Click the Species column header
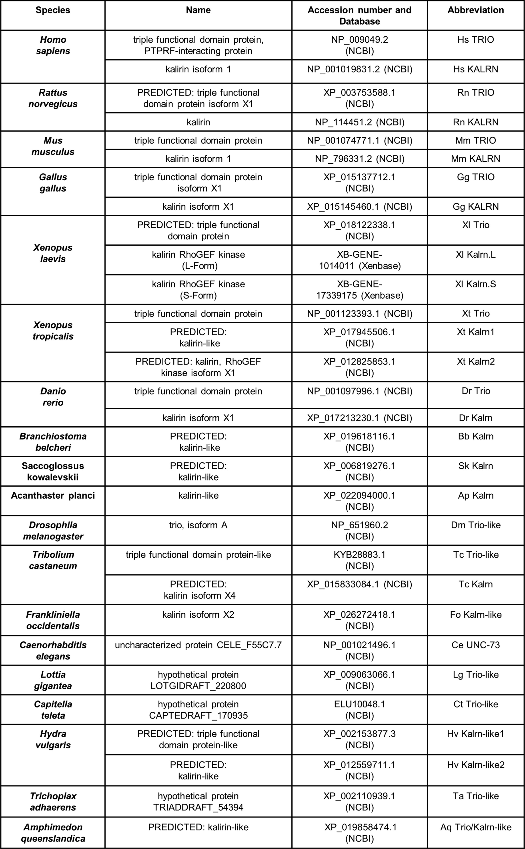coord(53,10)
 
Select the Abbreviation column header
coord(475,10)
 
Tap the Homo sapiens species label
coord(53,45)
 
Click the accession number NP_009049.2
coord(359,45)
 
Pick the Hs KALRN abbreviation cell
coord(475,69)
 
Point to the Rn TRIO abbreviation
coord(475,93)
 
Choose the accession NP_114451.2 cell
coord(359,122)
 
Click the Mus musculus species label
coord(53,146)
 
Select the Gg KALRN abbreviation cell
coord(475,207)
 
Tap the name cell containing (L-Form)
coord(198,260)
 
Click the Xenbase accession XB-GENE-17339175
coord(359,290)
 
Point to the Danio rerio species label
coord(53,397)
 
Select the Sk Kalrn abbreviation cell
coord(475,466)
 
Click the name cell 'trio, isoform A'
coord(198,525)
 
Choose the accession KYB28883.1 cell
coord(359,560)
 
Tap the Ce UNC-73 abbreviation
coord(475,645)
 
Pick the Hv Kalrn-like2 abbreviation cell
coord(475,765)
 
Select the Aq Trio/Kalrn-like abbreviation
coord(475,827)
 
